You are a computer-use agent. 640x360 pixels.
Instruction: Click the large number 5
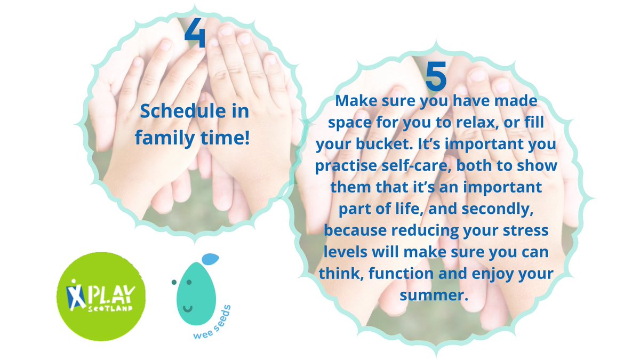436,76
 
